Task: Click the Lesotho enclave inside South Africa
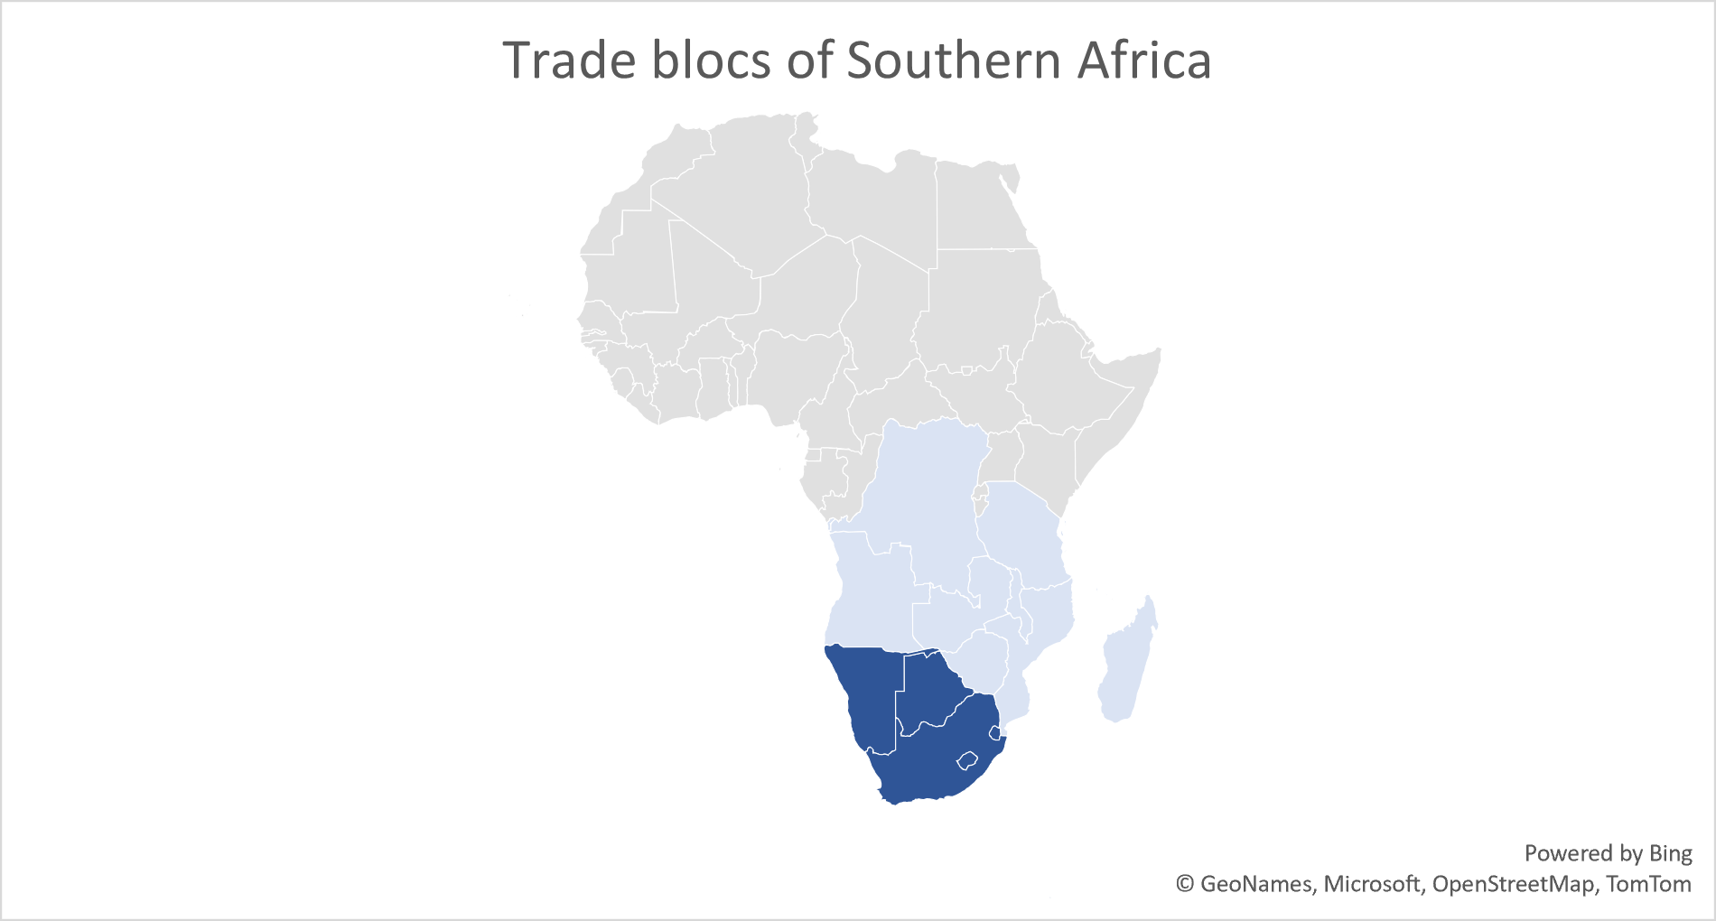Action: (x=968, y=760)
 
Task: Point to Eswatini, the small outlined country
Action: (x=994, y=730)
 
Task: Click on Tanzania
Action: (x=1021, y=533)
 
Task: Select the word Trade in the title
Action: (x=569, y=61)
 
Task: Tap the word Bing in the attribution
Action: (x=1670, y=853)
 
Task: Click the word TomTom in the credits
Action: (x=1648, y=884)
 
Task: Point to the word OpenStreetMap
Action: (x=1513, y=884)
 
